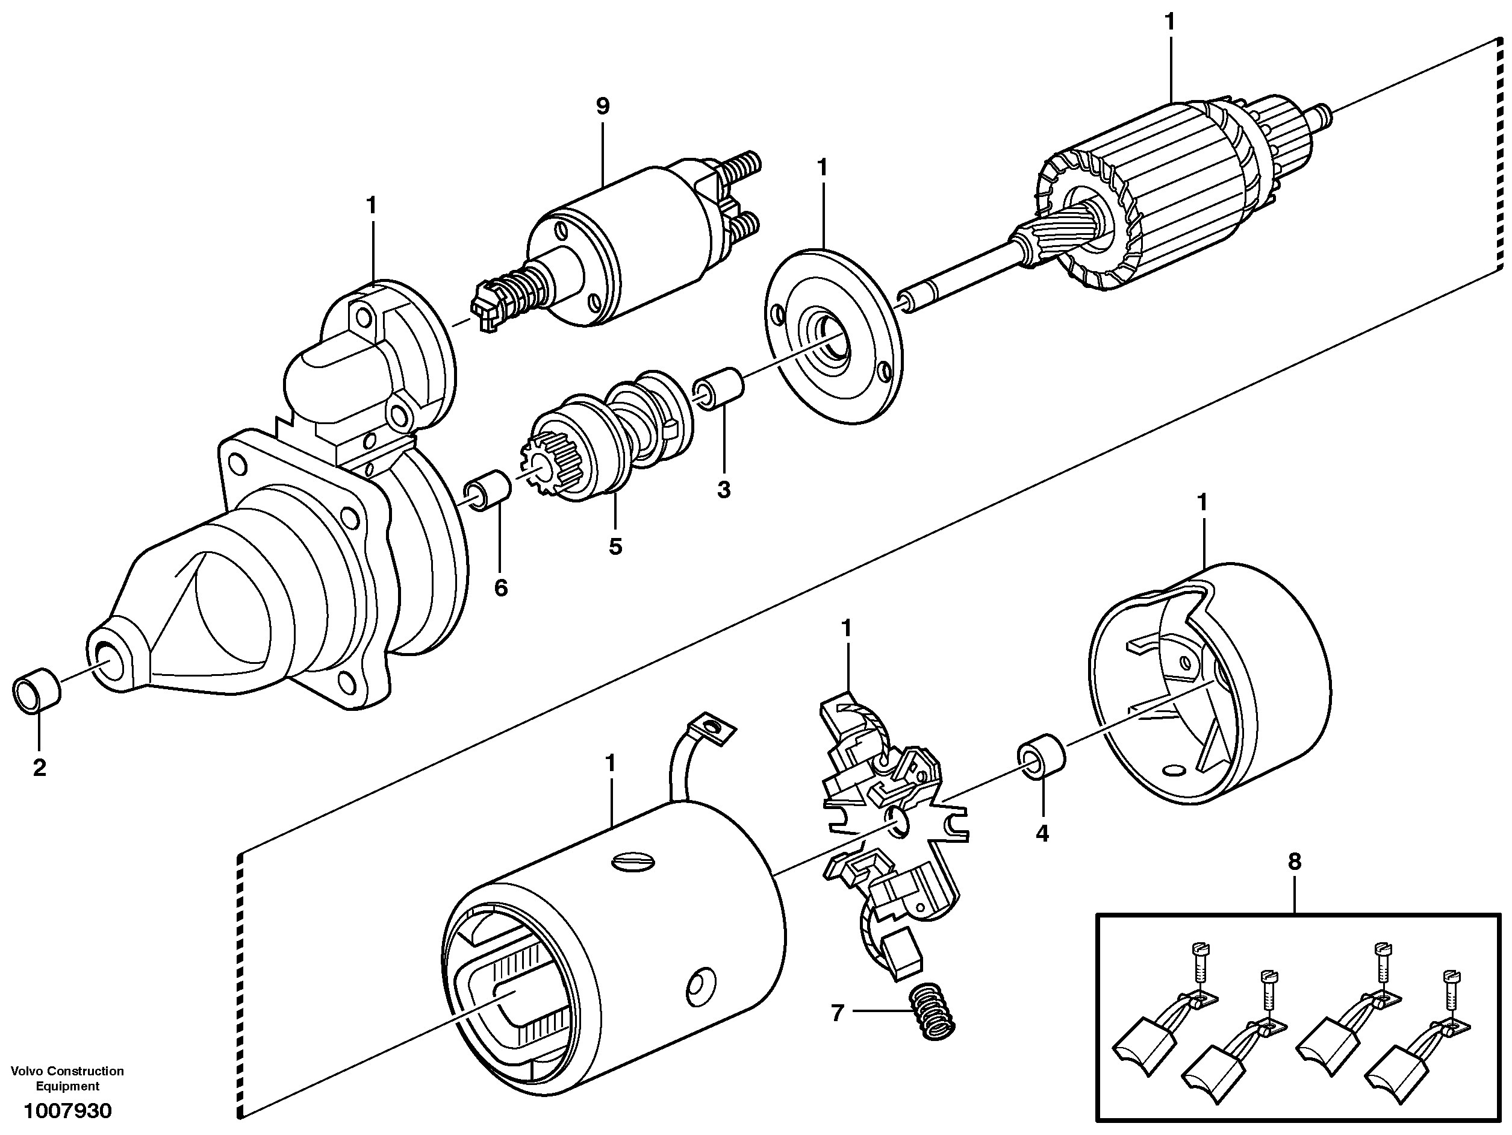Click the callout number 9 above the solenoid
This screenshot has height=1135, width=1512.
602,107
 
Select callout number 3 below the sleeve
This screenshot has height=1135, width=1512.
724,490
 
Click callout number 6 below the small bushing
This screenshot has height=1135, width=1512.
501,587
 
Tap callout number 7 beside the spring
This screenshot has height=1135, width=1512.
838,1012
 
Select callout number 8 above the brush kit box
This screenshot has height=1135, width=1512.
1295,862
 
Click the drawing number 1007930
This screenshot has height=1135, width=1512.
67,1111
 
